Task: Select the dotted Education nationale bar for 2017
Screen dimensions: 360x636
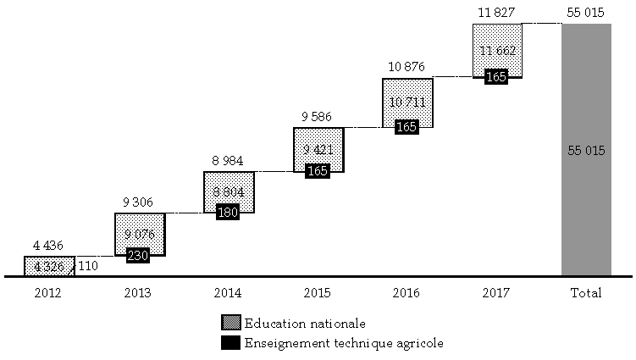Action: point(496,38)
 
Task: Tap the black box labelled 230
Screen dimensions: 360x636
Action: point(138,254)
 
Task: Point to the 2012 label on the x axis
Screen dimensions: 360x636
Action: point(49,293)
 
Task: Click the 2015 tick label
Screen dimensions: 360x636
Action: point(318,293)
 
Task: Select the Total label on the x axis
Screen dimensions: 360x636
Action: point(586,293)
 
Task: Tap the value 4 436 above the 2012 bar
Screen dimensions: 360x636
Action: point(49,246)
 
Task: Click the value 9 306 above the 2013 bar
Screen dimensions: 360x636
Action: point(138,202)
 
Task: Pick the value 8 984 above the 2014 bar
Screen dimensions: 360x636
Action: point(228,160)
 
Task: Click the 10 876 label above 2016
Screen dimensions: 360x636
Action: point(406,67)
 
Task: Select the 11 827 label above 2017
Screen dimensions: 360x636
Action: point(496,12)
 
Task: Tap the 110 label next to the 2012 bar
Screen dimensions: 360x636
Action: point(87,266)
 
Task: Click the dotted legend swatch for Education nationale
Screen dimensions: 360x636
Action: point(230,324)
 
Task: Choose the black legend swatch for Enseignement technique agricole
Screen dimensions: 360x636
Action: point(230,343)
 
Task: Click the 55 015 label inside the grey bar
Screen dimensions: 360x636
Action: point(586,151)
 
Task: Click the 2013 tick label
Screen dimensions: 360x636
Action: point(138,293)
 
